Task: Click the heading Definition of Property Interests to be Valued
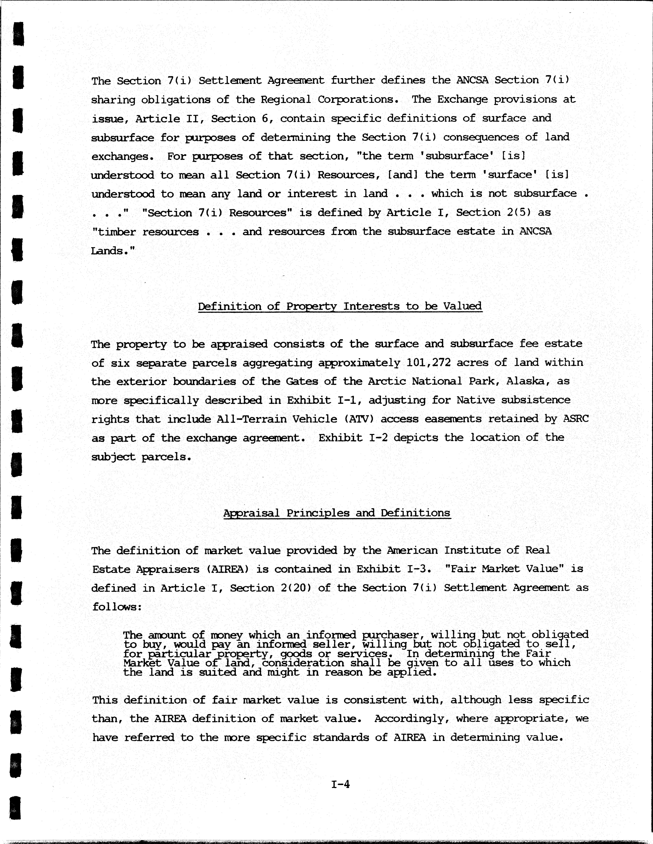tap(340, 306)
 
